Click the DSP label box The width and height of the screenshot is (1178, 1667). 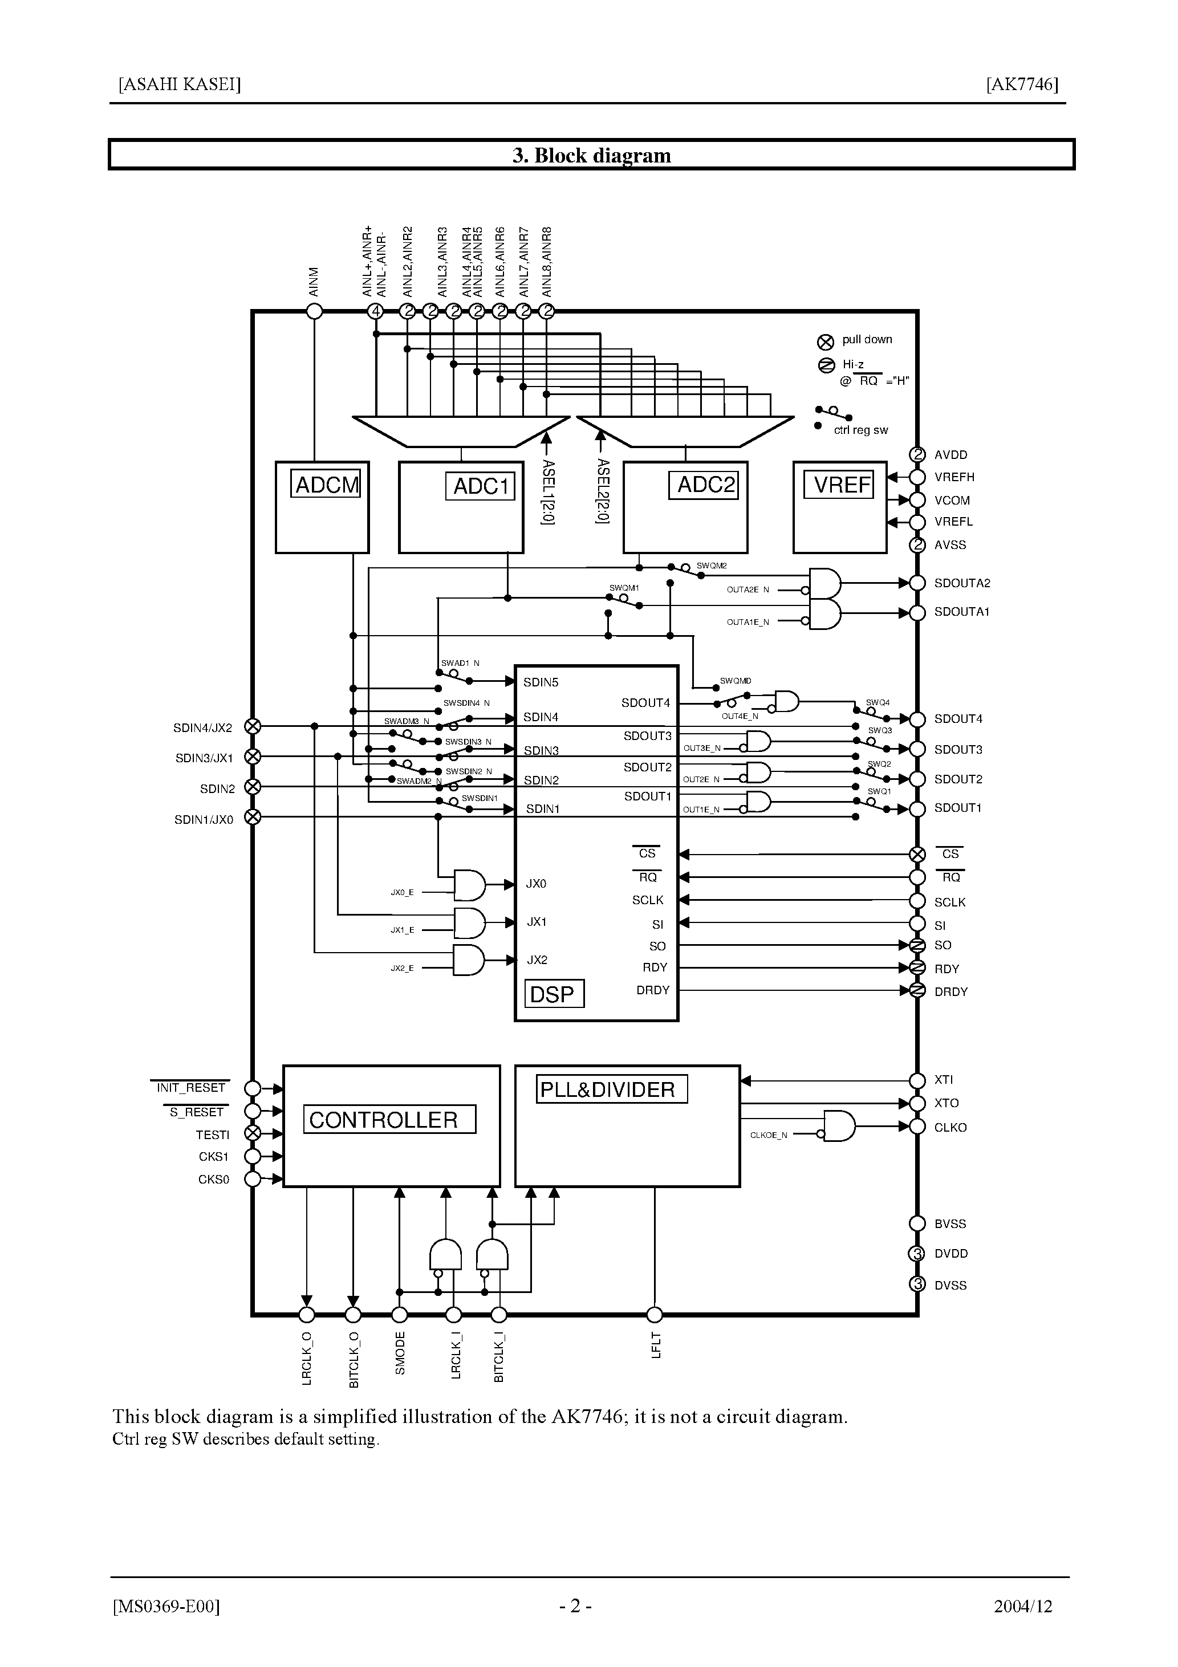pyautogui.click(x=554, y=994)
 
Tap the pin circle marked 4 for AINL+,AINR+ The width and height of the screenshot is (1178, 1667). pyautogui.click(x=376, y=311)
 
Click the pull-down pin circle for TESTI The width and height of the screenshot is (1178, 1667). pyautogui.click(x=252, y=1133)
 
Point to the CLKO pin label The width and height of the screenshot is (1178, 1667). pyautogui.click(x=950, y=1128)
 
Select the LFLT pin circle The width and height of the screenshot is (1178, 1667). pyautogui.click(x=655, y=1315)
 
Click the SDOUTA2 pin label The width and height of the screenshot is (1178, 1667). pyautogui.click(x=961, y=583)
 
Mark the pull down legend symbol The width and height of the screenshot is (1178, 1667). pyautogui.click(x=826, y=342)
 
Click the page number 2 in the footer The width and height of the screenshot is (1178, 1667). pyautogui.click(x=575, y=1607)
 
